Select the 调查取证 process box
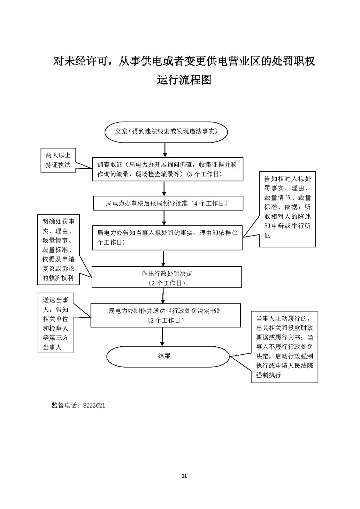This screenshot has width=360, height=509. coord(168,169)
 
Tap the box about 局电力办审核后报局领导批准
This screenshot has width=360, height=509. coord(168,203)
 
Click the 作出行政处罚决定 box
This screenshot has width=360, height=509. coord(167,277)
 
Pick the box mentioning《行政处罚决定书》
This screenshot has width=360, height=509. coord(166,315)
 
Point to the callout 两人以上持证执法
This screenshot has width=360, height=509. coord(58,160)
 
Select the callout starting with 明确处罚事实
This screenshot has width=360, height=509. coord(59,249)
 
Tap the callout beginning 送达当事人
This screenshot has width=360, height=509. coord(55,323)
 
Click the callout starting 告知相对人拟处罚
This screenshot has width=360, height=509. coord(287,209)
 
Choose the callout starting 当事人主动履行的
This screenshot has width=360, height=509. coord(284,347)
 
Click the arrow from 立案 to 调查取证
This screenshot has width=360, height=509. coord(165,150)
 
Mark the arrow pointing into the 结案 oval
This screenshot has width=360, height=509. coord(162,337)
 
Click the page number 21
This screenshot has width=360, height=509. coord(184,476)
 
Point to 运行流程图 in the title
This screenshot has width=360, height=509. coord(184,80)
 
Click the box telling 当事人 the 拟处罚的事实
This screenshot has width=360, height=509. coord(167,238)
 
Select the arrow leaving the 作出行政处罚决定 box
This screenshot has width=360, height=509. coord(163,296)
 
